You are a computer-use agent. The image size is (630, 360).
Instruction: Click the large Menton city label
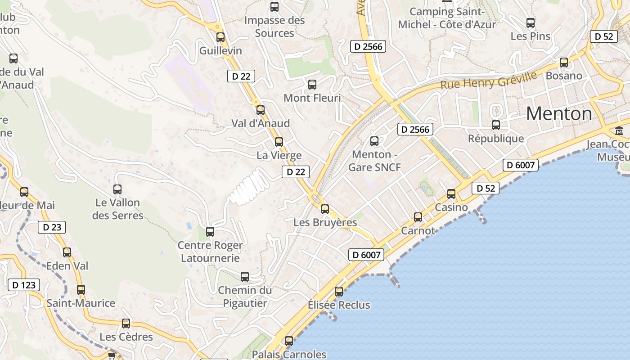click(x=559, y=113)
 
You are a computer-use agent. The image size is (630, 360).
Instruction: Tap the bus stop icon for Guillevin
click(x=220, y=37)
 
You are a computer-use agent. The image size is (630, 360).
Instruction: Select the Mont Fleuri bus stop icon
click(x=312, y=85)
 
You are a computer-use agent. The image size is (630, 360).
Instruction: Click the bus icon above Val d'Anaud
click(x=260, y=110)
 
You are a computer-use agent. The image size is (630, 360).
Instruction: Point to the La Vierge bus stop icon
click(x=279, y=142)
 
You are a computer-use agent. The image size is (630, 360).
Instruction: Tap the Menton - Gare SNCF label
click(x=373, y=161)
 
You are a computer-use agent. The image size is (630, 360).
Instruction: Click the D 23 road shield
click(x=52, y=227)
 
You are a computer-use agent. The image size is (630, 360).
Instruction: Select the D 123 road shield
click(x=24, y=285)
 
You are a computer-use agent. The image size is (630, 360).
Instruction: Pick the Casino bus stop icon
click(x=451, y=194)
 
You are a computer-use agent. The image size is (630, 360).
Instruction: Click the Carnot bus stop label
click(x=418, y=231)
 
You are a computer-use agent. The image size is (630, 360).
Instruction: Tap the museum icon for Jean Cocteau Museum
click(x=619, y=131)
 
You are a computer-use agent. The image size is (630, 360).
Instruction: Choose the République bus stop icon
click(x=496, y=125)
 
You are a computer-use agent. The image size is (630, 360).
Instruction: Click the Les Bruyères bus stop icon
click(x=325, y=209)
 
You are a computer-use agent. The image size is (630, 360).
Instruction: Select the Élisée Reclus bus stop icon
click(x=339, y=292)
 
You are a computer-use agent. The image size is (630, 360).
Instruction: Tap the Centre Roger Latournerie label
click(x=210, y=252)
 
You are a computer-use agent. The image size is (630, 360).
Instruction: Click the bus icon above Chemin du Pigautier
click(x=245, y=277)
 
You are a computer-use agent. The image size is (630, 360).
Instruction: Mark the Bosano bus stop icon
click(x=564, y=63)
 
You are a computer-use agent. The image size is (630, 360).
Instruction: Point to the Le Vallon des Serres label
click(x=118, y=209)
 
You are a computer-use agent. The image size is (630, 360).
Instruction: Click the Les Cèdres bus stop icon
click(x=126, y=324)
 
